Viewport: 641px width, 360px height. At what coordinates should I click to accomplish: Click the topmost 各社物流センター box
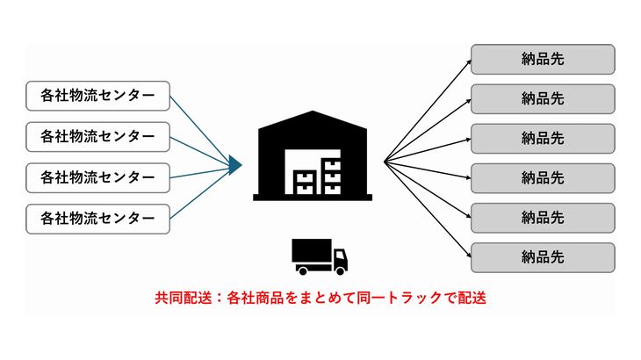click(x=97, y=96)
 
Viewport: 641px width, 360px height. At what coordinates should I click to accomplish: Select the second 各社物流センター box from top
click(x=97, y=136)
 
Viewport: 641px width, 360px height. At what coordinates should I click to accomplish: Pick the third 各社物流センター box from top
click(x=97, y=177)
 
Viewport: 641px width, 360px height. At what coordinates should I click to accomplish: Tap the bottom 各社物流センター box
click(x=97, y=218)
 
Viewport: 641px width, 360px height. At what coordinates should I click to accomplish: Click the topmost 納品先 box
click(x=542, y=59)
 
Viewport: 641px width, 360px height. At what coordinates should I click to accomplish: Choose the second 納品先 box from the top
click(x=542, y=98)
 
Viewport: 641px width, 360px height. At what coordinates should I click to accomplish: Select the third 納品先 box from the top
click(x=542, y=138)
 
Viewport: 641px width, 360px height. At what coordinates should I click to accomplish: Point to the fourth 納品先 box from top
click(x=542, y=177)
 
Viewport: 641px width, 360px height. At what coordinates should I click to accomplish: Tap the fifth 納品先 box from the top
click(x=542, y=217)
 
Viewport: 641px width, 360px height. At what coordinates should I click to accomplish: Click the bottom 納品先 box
click(x=542, y=257)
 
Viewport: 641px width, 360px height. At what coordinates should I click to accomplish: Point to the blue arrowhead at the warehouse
click(x=234, y=162)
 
